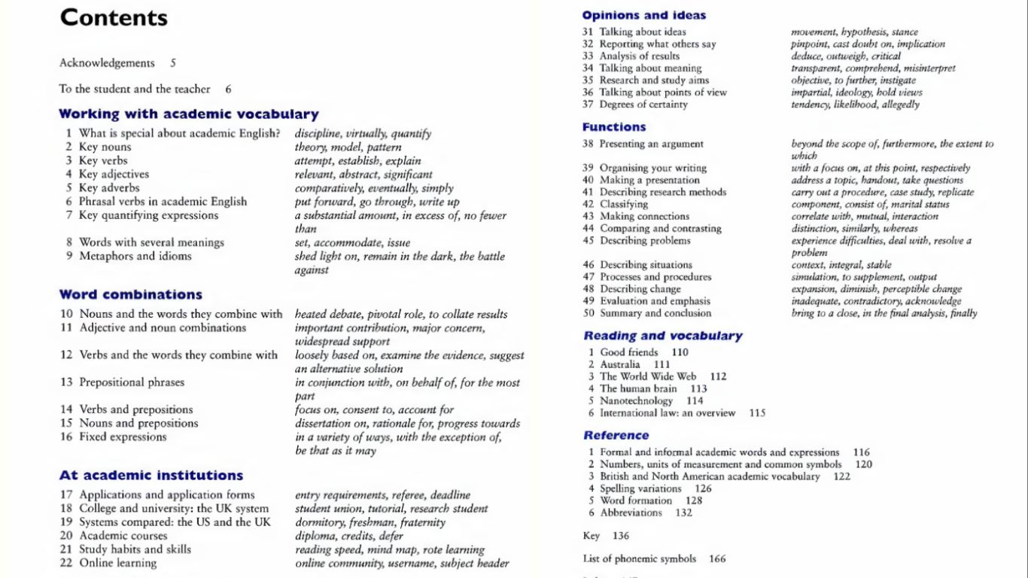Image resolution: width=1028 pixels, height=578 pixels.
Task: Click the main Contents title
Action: (114, 18)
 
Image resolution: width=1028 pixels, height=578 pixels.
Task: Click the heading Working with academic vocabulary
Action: (189, 114)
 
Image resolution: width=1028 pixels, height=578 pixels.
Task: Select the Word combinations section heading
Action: (131, 294)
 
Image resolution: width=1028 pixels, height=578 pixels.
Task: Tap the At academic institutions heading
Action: (151, 475)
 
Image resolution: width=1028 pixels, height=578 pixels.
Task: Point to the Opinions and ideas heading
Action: (644, 15)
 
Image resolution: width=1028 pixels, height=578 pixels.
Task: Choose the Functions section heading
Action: (614, 127)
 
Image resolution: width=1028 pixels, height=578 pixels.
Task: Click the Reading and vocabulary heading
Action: (663, 336)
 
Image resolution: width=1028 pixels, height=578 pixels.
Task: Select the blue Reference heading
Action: (616, 435)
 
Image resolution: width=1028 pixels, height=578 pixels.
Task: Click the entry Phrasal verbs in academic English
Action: (163, 202)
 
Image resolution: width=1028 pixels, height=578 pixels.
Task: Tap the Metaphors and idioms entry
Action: (135, 256)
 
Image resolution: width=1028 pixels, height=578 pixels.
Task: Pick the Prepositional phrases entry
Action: (132, 382)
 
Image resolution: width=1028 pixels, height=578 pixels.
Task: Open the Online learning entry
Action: (118, 563)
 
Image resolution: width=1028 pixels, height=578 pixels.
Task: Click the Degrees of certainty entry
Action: (643, 105)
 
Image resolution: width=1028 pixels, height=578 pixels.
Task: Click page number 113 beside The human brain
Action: (698, 389)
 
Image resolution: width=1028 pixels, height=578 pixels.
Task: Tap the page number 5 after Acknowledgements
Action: (173, 63)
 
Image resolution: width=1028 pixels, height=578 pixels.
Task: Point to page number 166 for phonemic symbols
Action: (717, 559)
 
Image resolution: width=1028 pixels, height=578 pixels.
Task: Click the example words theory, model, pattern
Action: (348, 148)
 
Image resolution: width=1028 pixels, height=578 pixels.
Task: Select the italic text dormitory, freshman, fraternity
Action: (370, 522)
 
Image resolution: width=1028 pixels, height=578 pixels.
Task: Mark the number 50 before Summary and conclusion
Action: (588, 313)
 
